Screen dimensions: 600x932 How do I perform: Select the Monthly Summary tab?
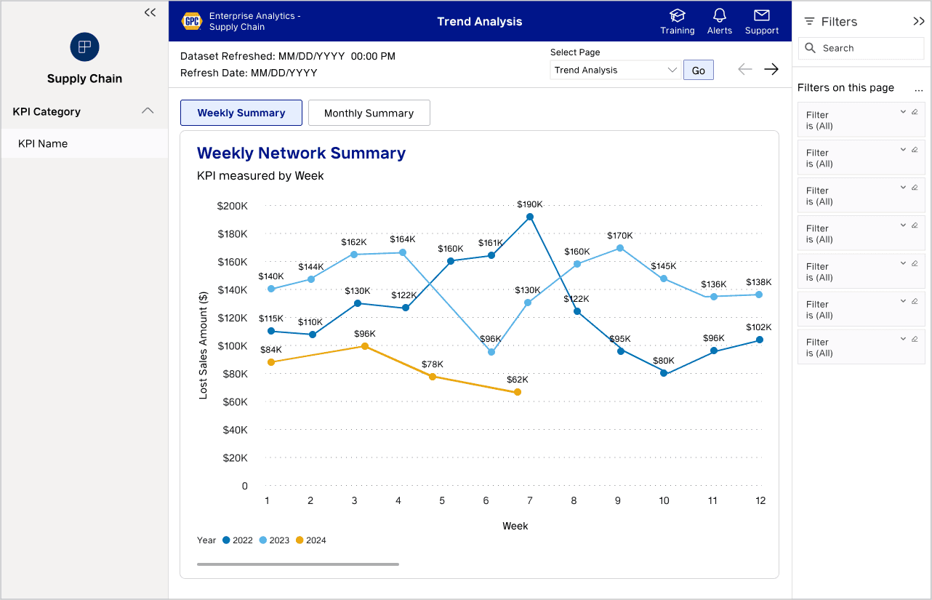[369, 113]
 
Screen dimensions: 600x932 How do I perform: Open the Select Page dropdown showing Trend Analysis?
[615, 70]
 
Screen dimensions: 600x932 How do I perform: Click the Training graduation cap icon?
[677, 16]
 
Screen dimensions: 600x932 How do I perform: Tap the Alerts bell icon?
[720, 16]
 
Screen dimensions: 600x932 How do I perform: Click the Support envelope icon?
[761, 16]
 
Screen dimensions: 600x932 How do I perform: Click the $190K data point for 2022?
[530, 217]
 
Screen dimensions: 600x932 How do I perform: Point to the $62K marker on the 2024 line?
[518, 392]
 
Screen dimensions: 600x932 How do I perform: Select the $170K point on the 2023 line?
[620, 248]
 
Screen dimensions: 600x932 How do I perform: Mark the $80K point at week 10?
[664, 373]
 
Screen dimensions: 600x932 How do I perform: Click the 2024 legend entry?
[310, 540]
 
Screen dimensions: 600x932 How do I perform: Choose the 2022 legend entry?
[237, 540]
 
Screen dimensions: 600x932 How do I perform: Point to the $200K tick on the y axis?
[232, 206]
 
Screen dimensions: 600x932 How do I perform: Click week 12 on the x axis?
[760, 500]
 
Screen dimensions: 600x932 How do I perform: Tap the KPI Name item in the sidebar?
[43, 143]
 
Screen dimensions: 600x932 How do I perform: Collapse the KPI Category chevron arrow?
[148, 111]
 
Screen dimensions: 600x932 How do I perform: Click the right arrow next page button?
[771, 69]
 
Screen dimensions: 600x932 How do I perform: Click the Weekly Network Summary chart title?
[301, 153]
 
